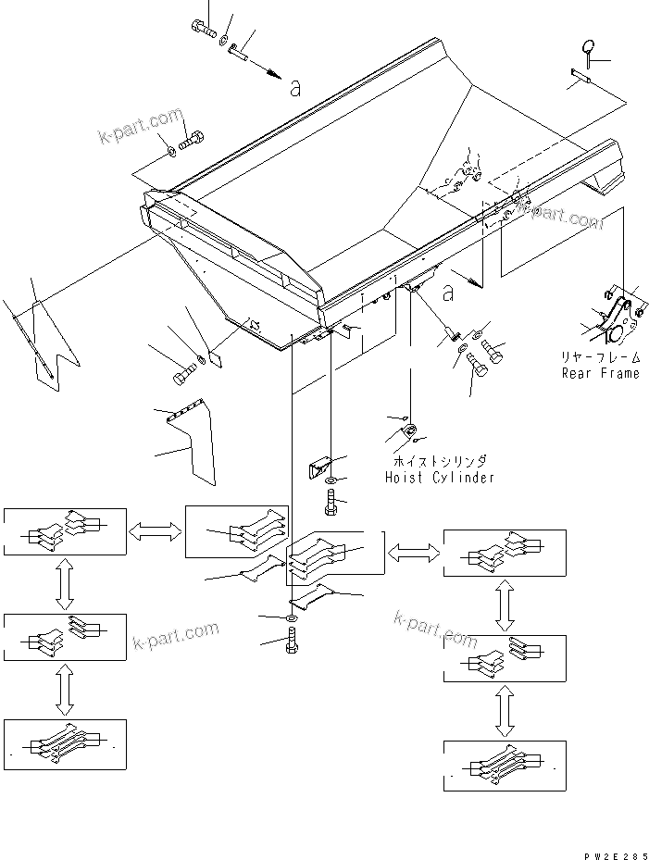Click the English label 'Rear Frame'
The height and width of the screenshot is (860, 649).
(600, 373)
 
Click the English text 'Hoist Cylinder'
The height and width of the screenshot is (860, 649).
(439, 478)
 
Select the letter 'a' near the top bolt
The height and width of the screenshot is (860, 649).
(294, 89)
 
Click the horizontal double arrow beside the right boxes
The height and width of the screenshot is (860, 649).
(414, 553)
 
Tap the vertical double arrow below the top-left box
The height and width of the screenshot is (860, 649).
(63, 584)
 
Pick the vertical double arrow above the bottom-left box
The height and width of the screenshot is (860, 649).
(63, 690)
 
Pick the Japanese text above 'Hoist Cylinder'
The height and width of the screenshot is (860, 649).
(439, 461)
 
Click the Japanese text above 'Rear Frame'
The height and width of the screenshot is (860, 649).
(600, 356)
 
